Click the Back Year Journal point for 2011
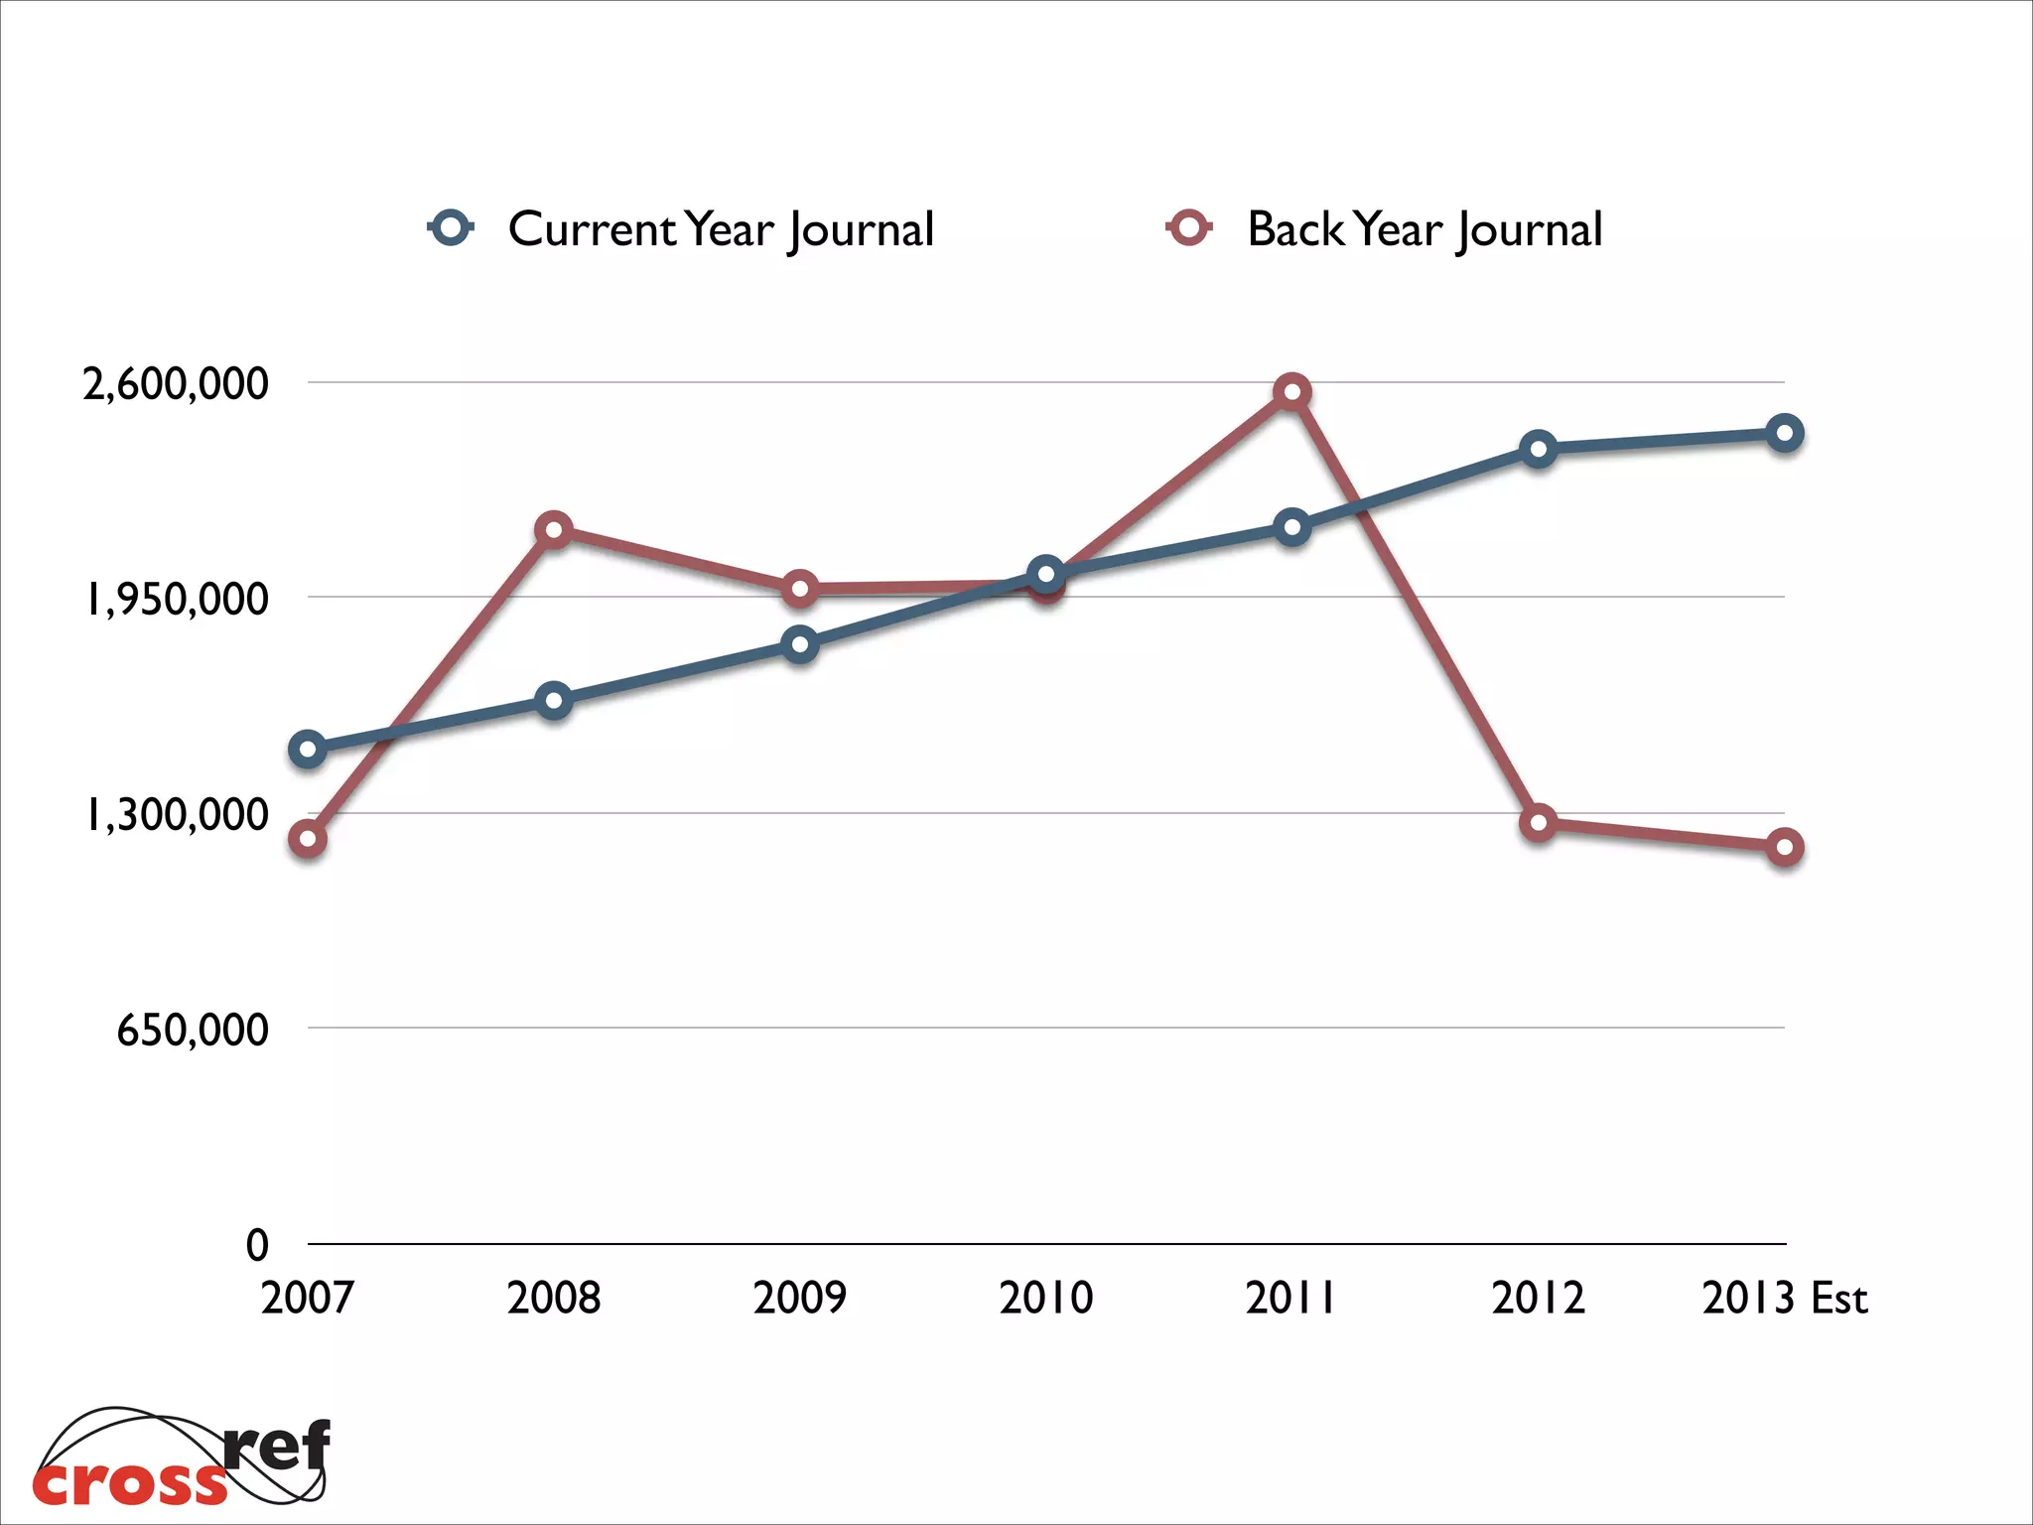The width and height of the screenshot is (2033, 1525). [1291, 392]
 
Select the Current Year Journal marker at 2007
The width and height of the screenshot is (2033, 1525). [308, 749]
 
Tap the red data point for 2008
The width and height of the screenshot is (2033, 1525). [554, 530]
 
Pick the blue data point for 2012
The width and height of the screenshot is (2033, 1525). [1538, 450]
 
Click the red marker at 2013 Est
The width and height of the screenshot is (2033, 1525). [1784, 847]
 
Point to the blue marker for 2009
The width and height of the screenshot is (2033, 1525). [799, 644]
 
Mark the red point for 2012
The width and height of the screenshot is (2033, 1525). [1538, 822]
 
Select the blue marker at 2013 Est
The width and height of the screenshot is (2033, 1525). [1784, 433]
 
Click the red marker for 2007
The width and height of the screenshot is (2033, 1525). [308, 839]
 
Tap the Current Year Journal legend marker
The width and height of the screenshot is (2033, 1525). [452, 228]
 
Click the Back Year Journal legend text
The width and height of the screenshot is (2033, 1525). [1423, 229]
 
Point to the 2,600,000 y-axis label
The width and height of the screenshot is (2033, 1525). [176, 384]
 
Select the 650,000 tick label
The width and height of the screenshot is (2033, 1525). [193, 1030]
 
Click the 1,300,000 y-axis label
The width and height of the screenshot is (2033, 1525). [176, 815]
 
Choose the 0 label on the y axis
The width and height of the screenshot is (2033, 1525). [257, 1245]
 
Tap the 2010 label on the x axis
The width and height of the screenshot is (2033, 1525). [1045, 1298]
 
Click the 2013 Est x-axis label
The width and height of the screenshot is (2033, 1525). [1784, 1298]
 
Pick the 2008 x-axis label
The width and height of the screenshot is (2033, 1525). [554, 1298]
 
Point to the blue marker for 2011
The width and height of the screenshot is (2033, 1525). [1291, 527]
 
